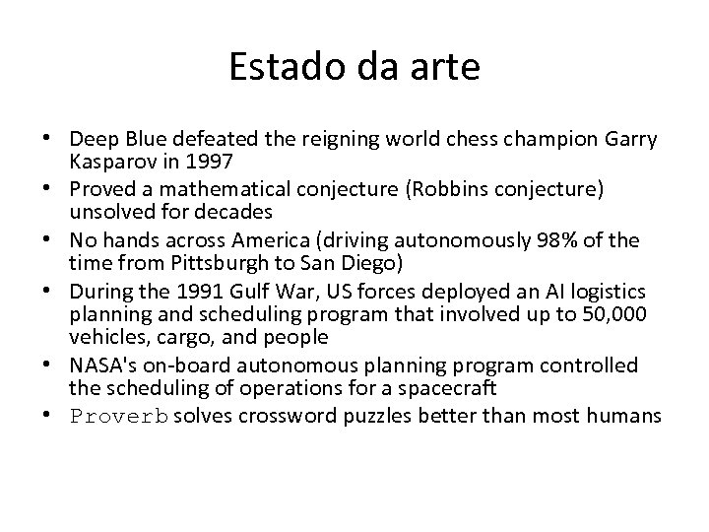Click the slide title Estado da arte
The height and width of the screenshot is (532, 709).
354,68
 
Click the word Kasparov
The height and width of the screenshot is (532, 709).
109,160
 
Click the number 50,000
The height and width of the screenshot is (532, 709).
615,313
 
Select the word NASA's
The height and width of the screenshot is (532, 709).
103,365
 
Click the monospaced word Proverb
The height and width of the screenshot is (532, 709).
119,417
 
